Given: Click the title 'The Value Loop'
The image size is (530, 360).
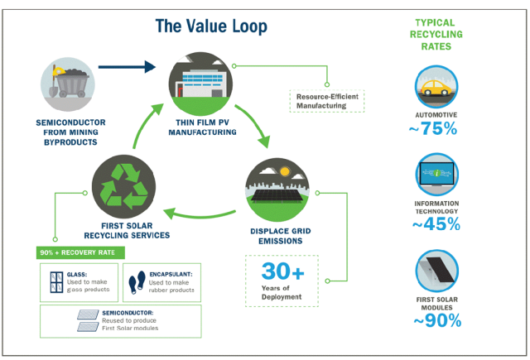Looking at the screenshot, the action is click(x=211, y=26).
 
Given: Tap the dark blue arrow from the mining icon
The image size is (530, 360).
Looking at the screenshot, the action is click(x=127, y=66).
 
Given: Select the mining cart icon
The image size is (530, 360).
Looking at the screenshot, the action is click(x=70, y=83).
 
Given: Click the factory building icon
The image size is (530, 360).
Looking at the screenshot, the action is click(x=200, y=83).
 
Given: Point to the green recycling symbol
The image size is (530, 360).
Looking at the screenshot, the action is click(x=123, y=186).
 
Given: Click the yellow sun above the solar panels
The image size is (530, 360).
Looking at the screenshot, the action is click(x=285, y=171).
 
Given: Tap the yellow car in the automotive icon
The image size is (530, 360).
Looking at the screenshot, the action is click(x=436, y=89).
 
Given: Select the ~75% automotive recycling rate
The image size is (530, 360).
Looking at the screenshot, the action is click(x=432, y=128).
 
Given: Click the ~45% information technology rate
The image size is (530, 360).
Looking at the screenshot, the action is click(x=436, y=224).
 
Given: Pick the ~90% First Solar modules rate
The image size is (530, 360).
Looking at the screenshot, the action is click(x=437, y=320).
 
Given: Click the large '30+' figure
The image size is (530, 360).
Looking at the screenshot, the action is click(x=283, y=271).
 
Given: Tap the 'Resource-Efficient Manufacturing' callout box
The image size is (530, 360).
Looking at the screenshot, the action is click(x=327, y=101).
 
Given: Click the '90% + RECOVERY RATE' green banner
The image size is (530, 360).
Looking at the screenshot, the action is click(x=80, y=252).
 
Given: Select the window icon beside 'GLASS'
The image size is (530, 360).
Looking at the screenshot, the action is click(x=56, y=282).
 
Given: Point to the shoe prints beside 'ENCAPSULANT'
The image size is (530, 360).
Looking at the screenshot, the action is click(x=137, y=282).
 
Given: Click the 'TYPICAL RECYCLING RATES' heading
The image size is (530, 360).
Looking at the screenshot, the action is click(x=436, y=35).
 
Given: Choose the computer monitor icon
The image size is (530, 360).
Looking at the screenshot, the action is click(x=436, y=175).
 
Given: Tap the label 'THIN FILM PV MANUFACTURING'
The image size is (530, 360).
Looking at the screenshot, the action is click(x=202, y=127).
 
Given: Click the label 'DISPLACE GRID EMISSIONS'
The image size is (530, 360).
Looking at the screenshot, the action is click(x=281, y=236).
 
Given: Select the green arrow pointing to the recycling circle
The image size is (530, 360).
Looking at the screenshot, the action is click(x=200, y=214).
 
